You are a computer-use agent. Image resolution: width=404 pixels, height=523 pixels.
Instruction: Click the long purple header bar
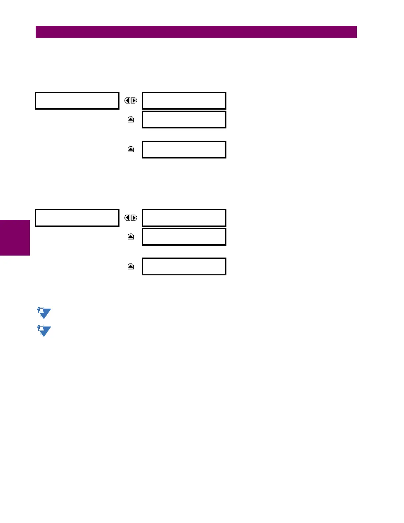coord(196,32)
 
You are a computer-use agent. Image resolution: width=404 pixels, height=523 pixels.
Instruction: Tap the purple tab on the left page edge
coord(15,238)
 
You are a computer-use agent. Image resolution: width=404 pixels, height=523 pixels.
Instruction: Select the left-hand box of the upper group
coord(77,101)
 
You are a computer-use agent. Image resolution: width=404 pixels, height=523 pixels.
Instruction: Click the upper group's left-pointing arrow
coord(127,101)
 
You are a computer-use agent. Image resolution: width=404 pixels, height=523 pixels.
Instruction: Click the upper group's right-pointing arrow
coord(134,101)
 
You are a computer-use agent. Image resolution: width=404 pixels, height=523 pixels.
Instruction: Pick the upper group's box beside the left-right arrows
coord(184,101)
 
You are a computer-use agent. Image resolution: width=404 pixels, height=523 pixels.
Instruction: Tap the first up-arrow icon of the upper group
coord(131,120)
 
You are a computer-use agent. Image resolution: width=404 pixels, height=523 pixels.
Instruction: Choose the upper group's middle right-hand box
coord(184,120)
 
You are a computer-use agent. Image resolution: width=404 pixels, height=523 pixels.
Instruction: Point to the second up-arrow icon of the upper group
coord(131,150)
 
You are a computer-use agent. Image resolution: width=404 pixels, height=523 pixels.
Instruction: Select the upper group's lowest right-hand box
coord(184,150)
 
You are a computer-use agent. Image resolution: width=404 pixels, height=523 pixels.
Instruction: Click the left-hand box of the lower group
coord(77,218)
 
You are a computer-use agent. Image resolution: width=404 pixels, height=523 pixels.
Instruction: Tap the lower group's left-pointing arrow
coord(127,218)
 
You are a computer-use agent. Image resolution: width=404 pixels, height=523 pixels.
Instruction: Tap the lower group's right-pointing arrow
coord(134,218)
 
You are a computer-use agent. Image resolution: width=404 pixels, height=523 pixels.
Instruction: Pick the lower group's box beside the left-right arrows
coord(184,218)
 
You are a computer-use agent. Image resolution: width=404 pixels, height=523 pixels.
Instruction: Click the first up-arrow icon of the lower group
coord(131,237)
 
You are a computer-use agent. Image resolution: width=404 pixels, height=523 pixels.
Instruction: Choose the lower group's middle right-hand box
coord(184,237)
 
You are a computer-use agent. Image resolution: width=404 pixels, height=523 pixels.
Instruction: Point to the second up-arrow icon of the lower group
coord(131,266)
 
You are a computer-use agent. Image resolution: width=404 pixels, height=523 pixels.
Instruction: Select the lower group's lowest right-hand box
coord(184,266)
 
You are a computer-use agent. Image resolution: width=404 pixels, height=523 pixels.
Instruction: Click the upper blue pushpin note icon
coord(44,313)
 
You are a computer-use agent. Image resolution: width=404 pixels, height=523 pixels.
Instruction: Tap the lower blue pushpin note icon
coord(44,331)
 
